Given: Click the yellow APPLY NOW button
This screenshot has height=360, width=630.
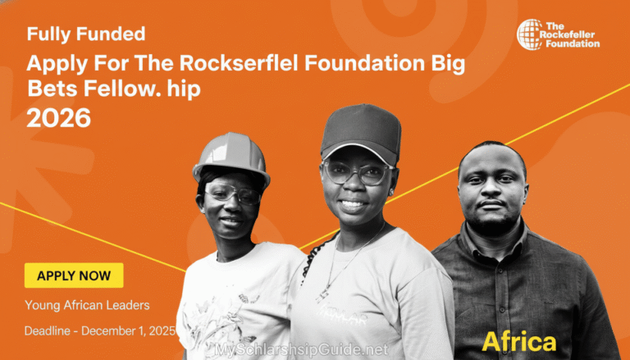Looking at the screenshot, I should coord(74,276).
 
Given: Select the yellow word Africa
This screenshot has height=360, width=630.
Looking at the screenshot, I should coord(518,341).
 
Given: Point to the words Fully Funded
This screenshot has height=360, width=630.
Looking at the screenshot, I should coord(86,34).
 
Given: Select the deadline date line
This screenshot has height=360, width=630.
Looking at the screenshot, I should coord(99,330).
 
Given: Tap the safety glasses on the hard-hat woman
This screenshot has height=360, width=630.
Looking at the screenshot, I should coord(231,194).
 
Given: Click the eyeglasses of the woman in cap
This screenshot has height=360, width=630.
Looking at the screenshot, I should coord(358,172).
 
